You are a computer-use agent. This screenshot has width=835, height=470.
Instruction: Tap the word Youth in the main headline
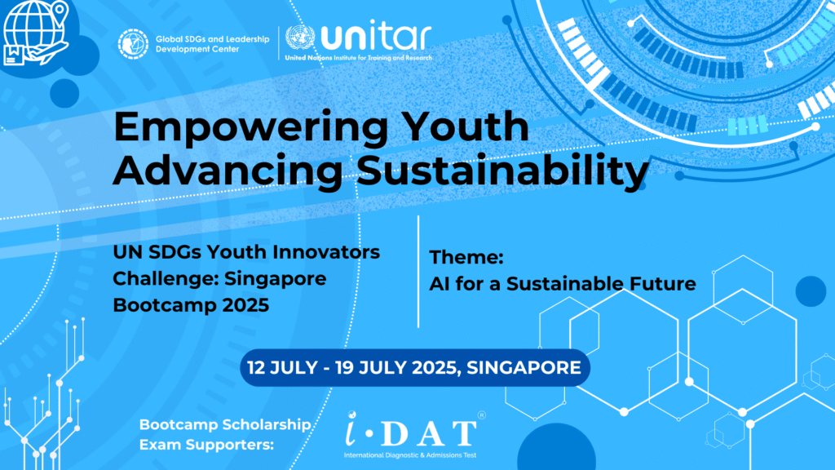click(x=466, y=126)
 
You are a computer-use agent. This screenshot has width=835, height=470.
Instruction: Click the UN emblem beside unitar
click(x=300, y=38)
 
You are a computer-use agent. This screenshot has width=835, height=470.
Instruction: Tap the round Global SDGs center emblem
click(x=133, y=44)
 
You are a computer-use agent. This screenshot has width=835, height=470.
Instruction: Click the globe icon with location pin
click(x=36, y=33)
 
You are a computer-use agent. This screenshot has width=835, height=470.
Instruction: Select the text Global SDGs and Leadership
click(x=213, y=39)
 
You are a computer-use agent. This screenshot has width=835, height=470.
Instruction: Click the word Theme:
click(x=466, y=257)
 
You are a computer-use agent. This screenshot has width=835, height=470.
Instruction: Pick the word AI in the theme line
click(x=440, y=283)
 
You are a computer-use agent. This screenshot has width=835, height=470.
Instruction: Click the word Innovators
click(x=320, y=252)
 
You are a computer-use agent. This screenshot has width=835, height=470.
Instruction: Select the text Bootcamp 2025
click(x=191, y=305)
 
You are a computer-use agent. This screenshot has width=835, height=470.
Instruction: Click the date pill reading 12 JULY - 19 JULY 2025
click(x=415, y=368)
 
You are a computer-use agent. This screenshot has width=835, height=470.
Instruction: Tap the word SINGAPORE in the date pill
click(x=524, y=368)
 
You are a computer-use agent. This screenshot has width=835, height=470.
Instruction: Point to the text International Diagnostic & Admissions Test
click(x=410, y=455)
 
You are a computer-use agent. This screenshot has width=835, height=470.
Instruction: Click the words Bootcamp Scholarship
click(x=225, y=424)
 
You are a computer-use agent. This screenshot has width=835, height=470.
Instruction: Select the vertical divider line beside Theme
click(x=418, y=272)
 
